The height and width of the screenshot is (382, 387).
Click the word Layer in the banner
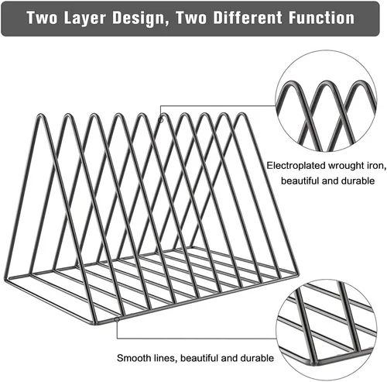85,18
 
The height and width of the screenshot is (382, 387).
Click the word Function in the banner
321,18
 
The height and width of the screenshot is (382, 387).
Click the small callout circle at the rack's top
161,120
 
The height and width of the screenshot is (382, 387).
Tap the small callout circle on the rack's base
117,320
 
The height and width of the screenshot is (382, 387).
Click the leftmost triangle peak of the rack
40,115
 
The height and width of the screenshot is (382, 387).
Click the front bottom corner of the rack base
95,323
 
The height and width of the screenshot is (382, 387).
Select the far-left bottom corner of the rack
5,280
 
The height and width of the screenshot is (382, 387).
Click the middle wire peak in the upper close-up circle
326,83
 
